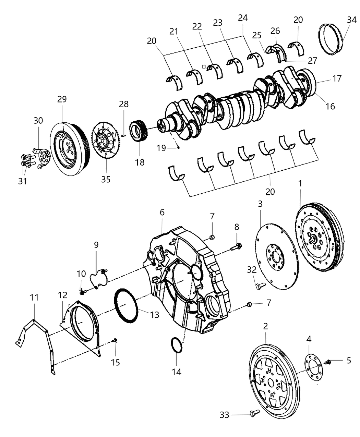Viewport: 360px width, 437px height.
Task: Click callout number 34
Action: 351,20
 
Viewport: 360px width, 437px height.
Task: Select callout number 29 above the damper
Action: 62,99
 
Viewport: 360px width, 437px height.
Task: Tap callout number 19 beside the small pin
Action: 161,148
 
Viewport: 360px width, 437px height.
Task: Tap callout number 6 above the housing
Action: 162,213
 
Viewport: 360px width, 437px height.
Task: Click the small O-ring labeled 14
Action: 176,345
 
